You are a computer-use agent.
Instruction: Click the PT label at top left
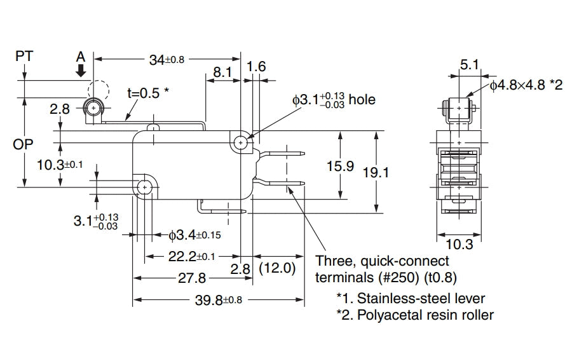pyautogui.click(x=24, y=56)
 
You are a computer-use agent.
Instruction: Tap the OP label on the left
pyautogui.click(x=24, y=144)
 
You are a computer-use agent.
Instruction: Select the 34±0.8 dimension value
pyautogui.click(x=167, y=60)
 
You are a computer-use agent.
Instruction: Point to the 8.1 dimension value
pyautogui.click(x=222, y=72)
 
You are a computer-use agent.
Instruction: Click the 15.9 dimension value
pyautogui.click(x=340, y=167)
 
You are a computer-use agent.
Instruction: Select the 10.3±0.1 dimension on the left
pyautogui.click(x=60, y=165)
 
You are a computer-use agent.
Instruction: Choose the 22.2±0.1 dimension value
pyautogui.click(x=187, y=257)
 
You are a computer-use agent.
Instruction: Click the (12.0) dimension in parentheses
pyautogui.click(x=277, y=268)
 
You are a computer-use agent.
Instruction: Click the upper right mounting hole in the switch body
pyautogui.click(x=241, y=143)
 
